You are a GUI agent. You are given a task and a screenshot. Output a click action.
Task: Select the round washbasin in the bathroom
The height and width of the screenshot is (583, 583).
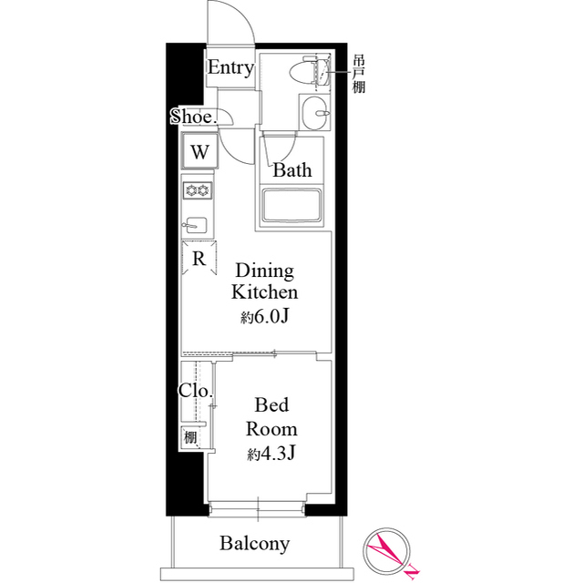pos(317,117)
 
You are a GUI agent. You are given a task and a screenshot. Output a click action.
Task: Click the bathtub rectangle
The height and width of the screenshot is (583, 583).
pos(294,206)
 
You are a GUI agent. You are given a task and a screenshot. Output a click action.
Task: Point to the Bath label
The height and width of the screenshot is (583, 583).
pos(292,169)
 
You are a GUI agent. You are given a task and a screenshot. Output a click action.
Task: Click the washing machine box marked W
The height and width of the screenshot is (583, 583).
pos(200,151)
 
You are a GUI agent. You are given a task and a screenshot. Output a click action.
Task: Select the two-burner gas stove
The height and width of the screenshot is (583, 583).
pos(198,190)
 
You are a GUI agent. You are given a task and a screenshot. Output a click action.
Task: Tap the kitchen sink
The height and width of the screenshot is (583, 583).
pos(198,224)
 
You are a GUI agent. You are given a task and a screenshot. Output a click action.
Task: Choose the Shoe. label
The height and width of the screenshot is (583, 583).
pos(193,117)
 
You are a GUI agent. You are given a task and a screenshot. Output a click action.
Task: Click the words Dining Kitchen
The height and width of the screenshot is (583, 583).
pos(265,281)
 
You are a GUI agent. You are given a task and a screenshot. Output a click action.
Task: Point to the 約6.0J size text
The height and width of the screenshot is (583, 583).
pos(265,317)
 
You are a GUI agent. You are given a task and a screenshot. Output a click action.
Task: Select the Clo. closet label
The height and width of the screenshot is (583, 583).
pos(195,392)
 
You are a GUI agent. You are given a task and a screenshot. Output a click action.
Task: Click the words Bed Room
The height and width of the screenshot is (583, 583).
pos(271,417)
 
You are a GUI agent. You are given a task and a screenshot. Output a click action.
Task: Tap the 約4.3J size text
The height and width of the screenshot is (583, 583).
pos(271,453)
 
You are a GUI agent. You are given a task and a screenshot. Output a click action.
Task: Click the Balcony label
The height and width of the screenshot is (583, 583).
pos(255,544)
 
